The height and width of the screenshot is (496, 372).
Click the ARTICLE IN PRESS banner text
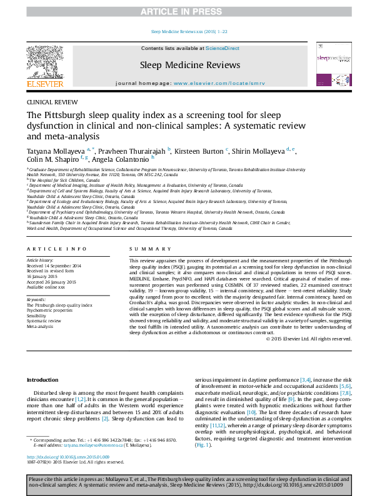point(186,12)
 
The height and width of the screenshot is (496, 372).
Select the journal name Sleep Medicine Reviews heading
point(190,65)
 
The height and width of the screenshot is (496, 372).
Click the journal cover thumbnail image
point(333,65)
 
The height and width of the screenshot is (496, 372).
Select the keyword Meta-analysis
point(40,326)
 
